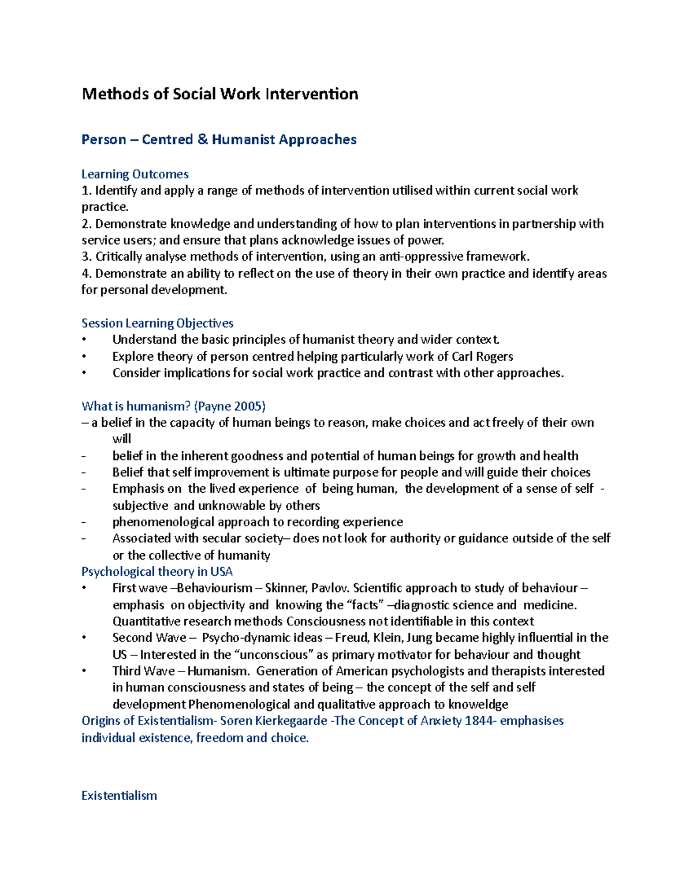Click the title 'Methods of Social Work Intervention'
click(x=219, y=94)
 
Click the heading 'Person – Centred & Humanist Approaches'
click(x=219, y=140)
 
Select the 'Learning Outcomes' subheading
click(x=135, y=174)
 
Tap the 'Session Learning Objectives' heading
click(x=157, y=323)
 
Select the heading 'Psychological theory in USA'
click(x=157, y=572)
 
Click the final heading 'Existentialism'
click(x=119, y=796)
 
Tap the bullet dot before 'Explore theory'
click(x=84, y=357)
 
